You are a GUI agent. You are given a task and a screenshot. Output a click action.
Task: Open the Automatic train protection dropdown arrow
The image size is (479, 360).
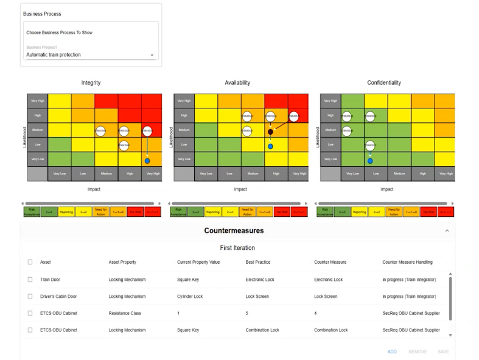[152, 55]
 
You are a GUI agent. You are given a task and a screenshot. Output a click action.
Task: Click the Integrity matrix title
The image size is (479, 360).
[91, 83]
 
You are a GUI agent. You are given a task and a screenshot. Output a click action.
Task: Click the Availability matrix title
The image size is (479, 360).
[237, 83]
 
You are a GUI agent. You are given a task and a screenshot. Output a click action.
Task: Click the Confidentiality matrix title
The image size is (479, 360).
[384, 83]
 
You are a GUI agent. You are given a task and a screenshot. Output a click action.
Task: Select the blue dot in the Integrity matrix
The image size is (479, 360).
[147, 161]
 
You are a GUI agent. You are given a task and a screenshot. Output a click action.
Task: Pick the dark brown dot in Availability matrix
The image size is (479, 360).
[270, 132]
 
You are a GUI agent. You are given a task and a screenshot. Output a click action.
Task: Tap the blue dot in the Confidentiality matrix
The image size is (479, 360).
[369, 161]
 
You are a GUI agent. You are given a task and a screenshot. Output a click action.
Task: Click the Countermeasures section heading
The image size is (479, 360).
[234, 231]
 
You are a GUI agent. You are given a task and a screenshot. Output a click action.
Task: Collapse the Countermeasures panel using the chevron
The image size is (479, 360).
[447, 231]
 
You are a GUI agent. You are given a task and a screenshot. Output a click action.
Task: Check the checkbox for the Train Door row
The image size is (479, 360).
[30, 280]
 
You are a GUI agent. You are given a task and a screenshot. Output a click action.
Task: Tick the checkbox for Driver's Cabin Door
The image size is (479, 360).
[30, 297]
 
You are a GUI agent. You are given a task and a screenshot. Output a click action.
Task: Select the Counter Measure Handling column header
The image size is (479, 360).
[407, 263]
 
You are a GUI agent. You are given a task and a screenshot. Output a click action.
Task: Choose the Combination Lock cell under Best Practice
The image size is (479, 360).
[262, 330]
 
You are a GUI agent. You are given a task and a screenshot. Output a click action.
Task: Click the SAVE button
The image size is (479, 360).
[443, 351]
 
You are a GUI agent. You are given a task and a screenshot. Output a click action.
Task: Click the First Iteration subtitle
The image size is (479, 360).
[237, 248]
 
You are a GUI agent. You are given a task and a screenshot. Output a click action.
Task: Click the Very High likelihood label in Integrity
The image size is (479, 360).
[38, 101]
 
